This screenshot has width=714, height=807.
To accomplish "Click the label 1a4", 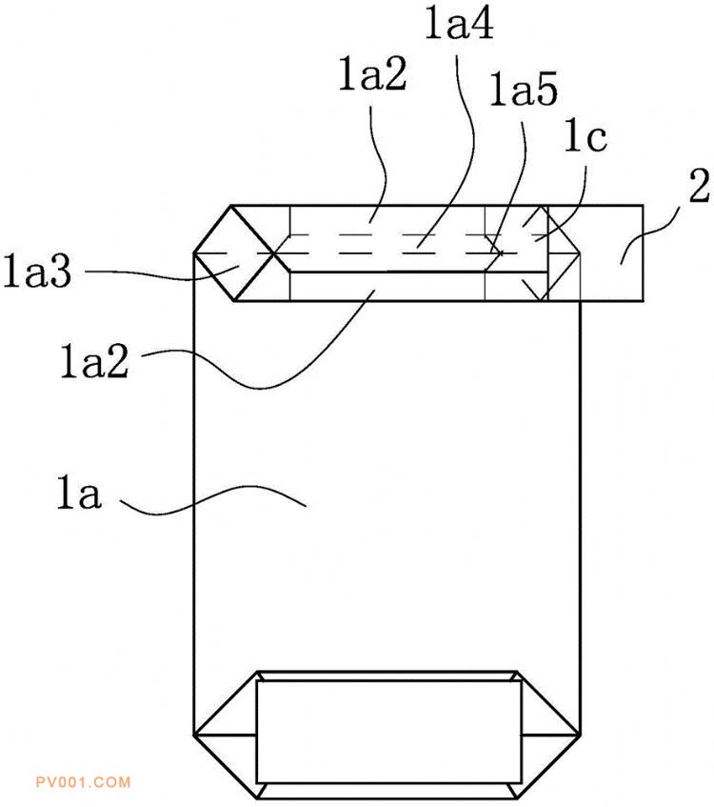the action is (x=460, y=24).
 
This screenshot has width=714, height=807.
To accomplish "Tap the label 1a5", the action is (x=524, y=89).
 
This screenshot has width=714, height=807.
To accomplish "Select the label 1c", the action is (x=585, y=135).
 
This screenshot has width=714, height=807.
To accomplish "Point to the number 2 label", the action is (x=699, y=184).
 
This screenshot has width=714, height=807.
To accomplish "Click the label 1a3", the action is (x=37, y=271).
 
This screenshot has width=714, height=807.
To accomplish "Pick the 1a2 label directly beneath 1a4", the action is (x=372, y=74).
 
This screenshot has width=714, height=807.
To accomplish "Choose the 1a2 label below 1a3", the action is (x=94, y=361).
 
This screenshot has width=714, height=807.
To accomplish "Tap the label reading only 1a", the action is (x=79, y=493).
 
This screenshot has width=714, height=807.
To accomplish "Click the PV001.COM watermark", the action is (x=84, y=782).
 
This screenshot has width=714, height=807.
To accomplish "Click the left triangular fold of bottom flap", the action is (x=225, y=735).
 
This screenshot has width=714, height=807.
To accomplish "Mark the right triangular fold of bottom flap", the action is (x=550, y=735).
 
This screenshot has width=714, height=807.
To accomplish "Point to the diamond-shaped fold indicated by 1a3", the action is (x=234, y=253).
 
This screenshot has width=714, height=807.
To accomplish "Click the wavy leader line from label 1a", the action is (x=212, y=500).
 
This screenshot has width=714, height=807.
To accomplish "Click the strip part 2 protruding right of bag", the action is (x=611, y=252).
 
